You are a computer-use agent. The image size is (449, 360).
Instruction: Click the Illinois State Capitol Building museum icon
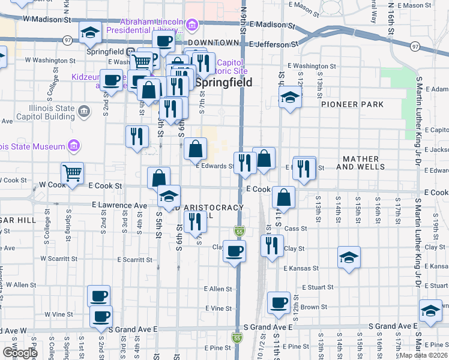[83, 111]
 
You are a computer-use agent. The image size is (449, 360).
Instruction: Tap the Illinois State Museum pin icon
[74, 146]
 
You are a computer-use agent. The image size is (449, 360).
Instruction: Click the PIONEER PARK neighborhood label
[352, 104]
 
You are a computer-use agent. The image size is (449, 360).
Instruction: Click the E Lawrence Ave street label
[119, 205]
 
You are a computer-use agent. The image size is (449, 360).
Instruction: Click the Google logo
[19, 352]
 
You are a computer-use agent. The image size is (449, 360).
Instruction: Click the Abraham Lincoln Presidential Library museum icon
[191, 25]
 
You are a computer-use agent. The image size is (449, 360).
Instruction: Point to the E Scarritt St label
[135, 260]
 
